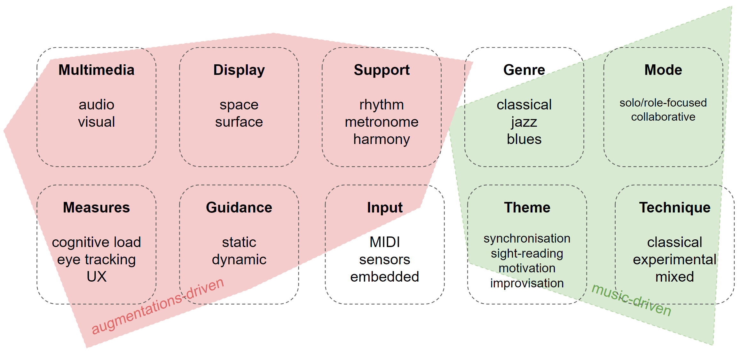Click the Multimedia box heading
(96, 70)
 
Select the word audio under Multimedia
(96, 105)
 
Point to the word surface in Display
(239, 122)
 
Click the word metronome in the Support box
(382, 122)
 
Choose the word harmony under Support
(382, 140)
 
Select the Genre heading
(524, 70)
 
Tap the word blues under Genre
(524, 139)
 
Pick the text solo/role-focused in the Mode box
(663, 103)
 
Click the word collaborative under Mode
(663, 117)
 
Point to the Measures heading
(96, 207)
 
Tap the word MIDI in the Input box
(385, 242)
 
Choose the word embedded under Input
(385, 277)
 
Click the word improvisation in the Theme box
(527, 284)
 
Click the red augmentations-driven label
(158, 306)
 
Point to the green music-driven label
(632, 300)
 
